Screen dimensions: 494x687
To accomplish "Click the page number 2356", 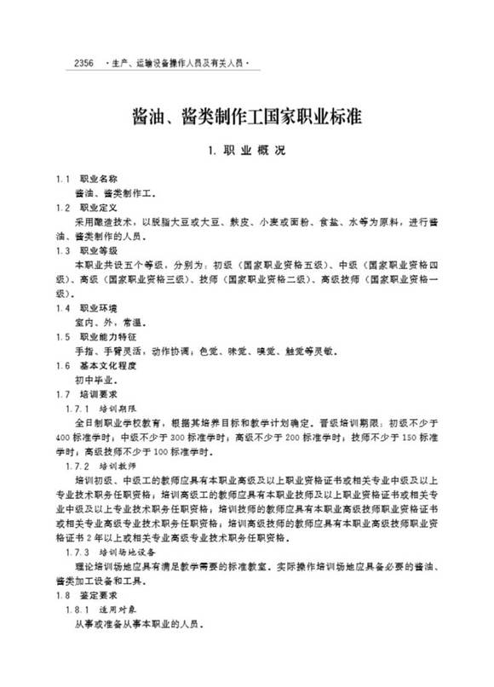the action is point(84,63).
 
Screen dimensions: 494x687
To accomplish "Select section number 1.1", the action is point(62,180).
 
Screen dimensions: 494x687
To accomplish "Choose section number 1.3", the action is point(62,250).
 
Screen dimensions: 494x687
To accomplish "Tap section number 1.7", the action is point(62,394).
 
